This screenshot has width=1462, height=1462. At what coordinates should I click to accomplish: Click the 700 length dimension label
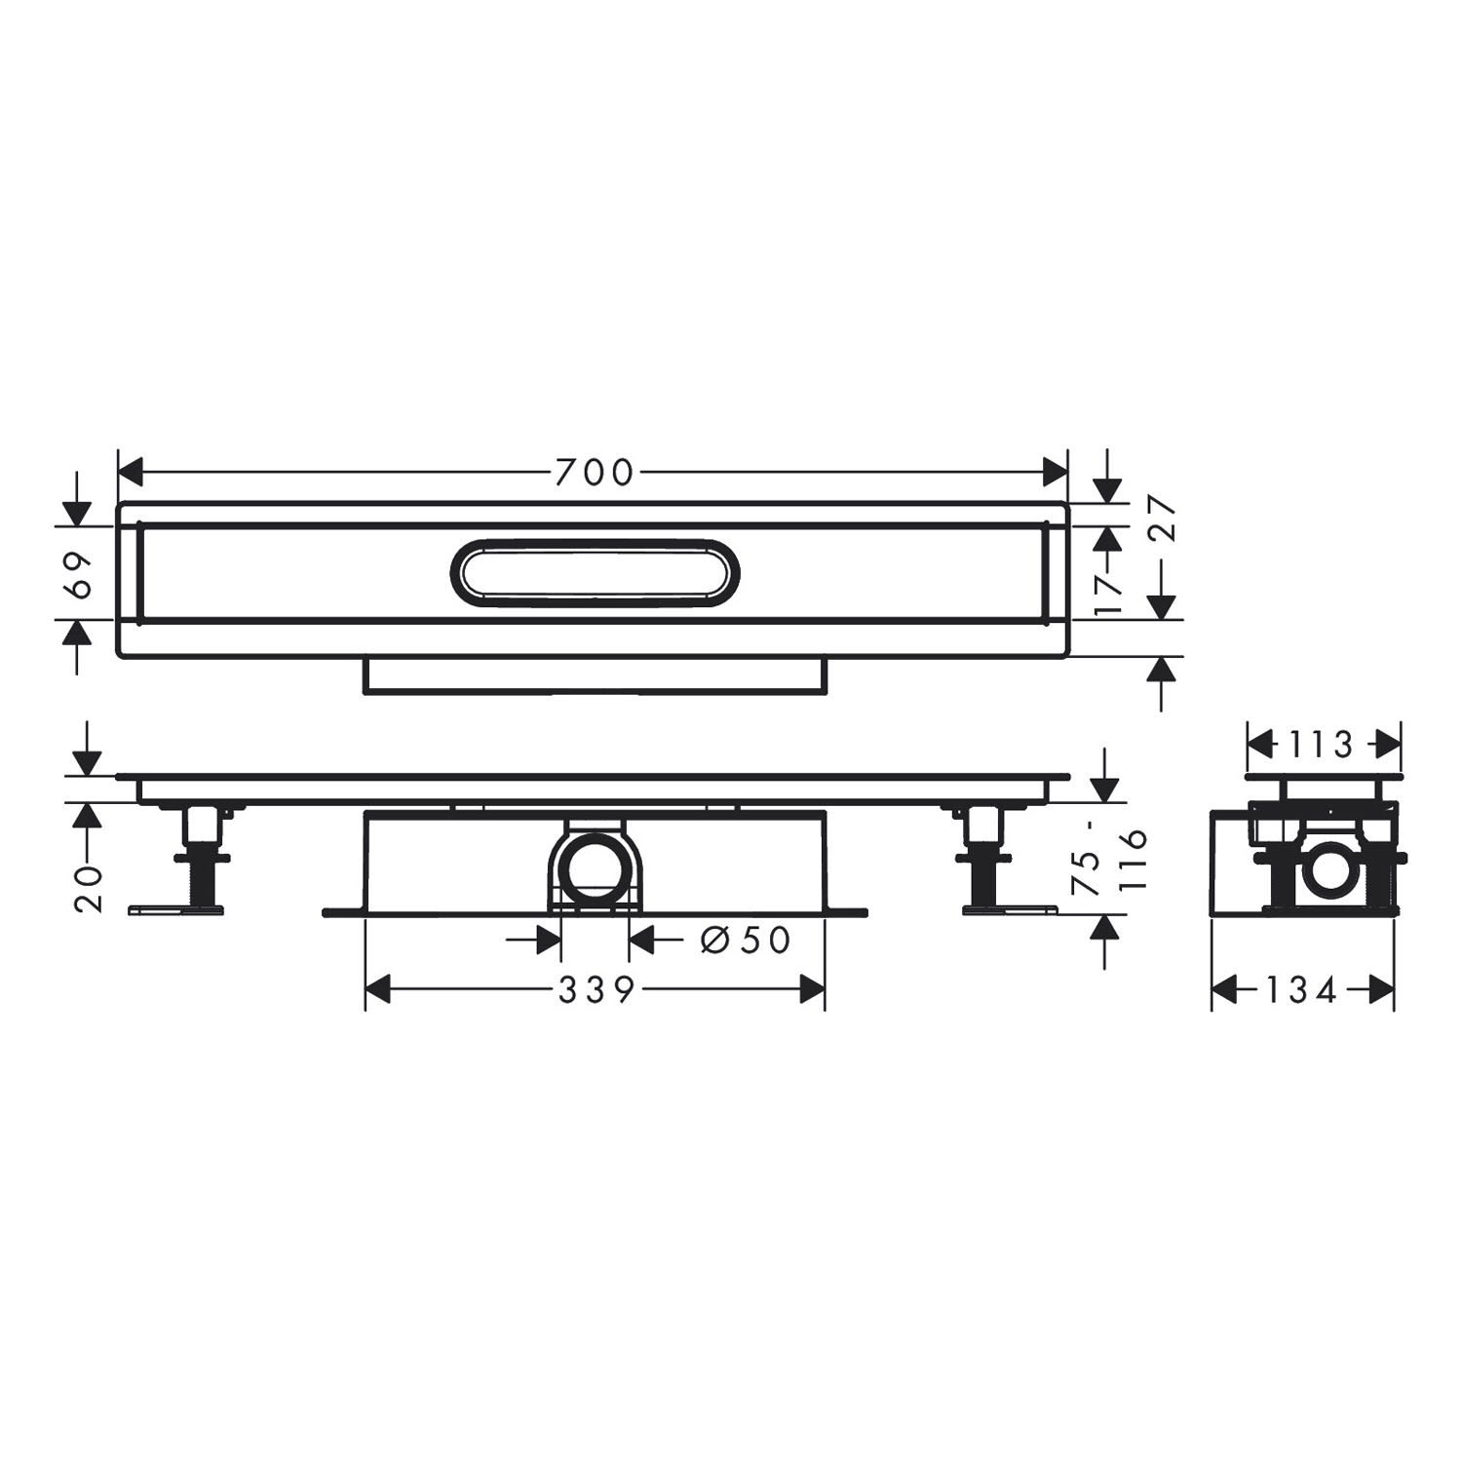pos(594,473)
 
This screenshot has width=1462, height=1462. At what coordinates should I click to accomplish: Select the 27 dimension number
pos(1165,519)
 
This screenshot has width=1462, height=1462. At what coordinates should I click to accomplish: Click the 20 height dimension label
pos(89,888)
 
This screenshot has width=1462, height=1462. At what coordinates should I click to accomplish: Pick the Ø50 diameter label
pos(745,940)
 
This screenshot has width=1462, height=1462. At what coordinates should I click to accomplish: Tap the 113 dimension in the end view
pos(1316,746)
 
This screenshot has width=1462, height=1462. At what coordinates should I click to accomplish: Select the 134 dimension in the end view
pos(1301,991)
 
